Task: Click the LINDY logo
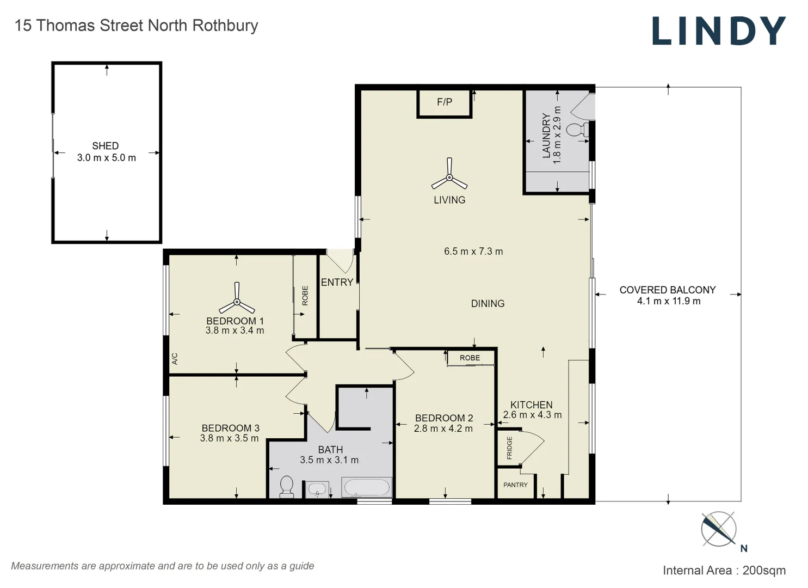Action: point(719,31)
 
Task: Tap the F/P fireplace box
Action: point(444,102)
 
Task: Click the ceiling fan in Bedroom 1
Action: point(237,299)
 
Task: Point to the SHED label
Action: point(106,146)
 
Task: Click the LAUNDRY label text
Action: point(546,136)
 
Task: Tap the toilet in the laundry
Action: point(578,130)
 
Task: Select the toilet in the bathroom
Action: point(286,486)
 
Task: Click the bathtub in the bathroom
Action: point(366,487)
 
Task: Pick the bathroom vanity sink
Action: point(317,489)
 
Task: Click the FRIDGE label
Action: point(509,448)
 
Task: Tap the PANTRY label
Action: point(515,485)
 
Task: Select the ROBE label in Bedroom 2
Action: point(470,358)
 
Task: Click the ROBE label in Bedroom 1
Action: point(305,295)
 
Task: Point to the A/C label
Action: point(175,359)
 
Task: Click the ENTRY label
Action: point(337,282)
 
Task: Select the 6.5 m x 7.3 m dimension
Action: point(473,252)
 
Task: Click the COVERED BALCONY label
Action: point(667,290)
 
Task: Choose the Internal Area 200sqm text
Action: point(724,570)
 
